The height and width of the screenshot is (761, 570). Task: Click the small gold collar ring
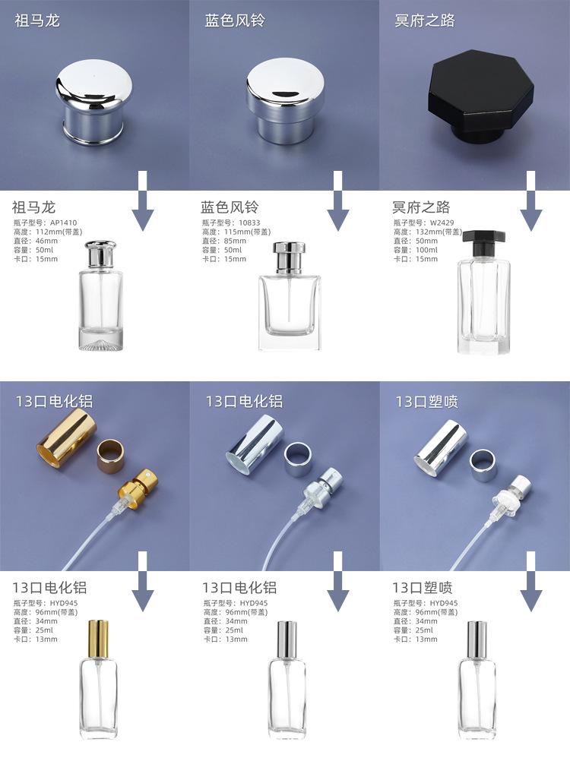tap(112, 457)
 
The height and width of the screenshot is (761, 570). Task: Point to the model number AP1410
tap(64, 223)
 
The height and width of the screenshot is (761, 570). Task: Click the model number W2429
tap(442, 223)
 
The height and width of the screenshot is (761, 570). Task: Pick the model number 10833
tap(249, 223)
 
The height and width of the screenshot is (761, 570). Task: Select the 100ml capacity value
tap(427, 250)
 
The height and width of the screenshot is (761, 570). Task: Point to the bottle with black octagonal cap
tap(483, 292)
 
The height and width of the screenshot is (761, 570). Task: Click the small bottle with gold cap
tap(98, 680)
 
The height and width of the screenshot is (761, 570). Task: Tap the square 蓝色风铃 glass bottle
tap(290, 296)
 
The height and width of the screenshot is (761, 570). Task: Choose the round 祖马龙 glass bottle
tap(100, 295)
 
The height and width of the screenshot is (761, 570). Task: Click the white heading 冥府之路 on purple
tap(425, 21)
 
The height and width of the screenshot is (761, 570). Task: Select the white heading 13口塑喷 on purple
tap(427, 401)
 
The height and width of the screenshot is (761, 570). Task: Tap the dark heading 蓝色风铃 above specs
tap(230, 207)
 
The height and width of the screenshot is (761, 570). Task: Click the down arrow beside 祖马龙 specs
tap(143, 201)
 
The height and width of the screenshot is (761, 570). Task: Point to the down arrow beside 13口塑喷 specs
tap(531, 582)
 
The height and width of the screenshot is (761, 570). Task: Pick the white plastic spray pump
tap(510, 495)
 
